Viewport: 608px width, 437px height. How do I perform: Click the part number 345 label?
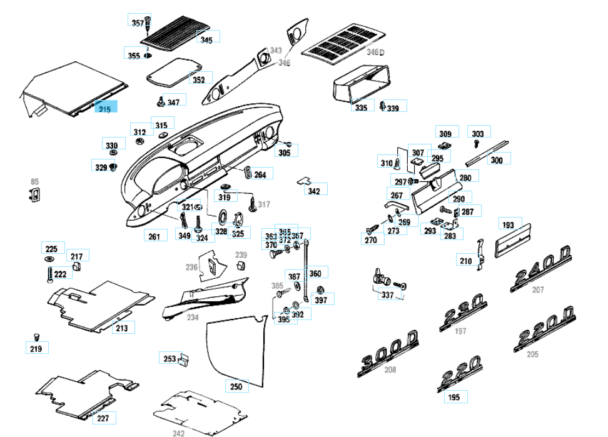[206, 39]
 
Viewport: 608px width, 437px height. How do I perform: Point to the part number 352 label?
[198, 80]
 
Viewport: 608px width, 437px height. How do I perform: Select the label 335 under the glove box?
[361, 108]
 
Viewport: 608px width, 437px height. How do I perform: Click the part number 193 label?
[508, 225]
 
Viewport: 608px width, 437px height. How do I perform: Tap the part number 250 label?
[236, 387]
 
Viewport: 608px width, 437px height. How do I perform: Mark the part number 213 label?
[121, 328]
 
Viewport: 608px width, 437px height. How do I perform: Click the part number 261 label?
[155, 236]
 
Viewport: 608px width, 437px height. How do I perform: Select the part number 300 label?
[497, 160]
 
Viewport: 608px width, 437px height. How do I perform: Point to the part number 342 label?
[314, 191]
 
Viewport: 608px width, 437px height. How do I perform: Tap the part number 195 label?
[454, 397]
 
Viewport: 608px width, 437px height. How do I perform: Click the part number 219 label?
[36, 348]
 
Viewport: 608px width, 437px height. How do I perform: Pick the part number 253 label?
[170, 358]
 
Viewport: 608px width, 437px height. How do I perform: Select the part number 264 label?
[260, 174]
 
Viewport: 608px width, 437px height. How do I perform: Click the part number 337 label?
[388, 294]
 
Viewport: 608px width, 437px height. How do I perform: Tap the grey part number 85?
[34, 182]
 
